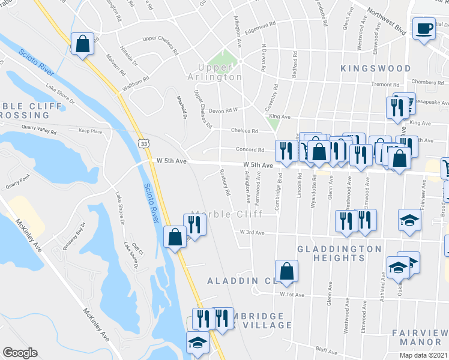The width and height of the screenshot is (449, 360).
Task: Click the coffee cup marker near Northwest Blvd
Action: [x=424, y=29]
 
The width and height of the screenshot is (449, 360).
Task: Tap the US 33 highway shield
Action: [x=142, y=143]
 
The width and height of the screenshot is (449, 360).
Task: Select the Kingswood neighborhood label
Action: [x=375, y=69]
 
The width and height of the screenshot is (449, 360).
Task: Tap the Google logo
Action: [x=19, y=353]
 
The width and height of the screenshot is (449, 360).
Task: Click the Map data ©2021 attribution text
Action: [x=423, y=355]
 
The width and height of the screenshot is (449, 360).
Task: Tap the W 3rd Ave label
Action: [x=252, y=232]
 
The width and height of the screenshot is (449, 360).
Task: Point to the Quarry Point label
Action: [x=17, y=179]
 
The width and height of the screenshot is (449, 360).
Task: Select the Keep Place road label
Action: [x=91, y=130]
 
